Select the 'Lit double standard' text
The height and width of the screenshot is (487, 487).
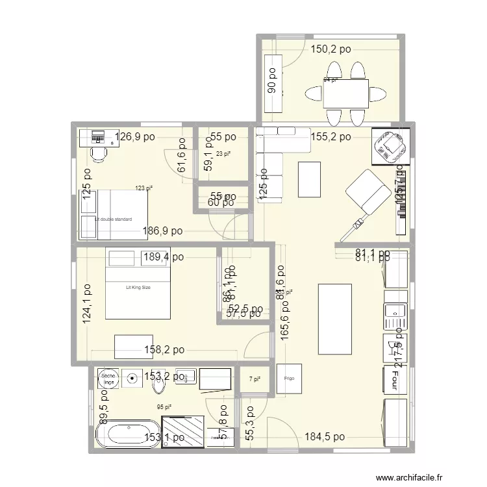[x=113, y=219]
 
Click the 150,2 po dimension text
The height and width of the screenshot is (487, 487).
[x=330, y=49]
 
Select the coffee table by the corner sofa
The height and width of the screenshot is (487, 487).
[x=309, y=179]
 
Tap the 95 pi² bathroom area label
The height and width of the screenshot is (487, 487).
[x=164, y=407]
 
